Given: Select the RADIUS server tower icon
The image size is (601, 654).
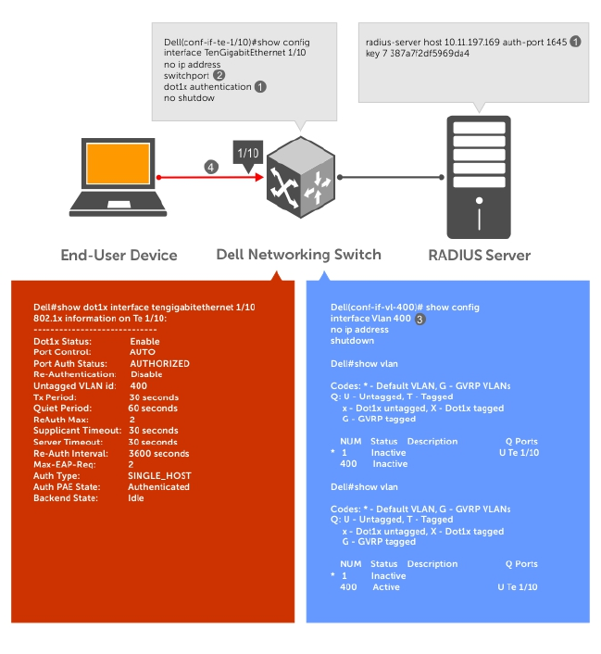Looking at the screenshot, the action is pyautogui.click(x=480, y=176).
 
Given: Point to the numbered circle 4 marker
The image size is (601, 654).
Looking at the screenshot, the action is pyautogui.click(x=212, y=167).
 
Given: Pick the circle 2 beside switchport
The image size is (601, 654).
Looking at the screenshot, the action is pyautogui.click(x=219, y=75).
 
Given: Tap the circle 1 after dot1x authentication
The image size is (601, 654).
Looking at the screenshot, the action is pyautogui.click(x=260, y=86).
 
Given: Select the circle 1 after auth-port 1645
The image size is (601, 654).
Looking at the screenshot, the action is pyautogui.click(x=575, y=42).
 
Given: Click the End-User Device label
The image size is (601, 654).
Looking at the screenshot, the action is pyautogui.click(x=119, y=255).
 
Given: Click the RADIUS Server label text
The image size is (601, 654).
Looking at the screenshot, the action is pyautogui.click(x=479, y=255).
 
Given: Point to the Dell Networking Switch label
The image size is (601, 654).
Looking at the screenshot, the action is pyautogui.click(x=298, y=255).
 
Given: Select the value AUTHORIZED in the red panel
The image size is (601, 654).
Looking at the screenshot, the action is pyautogui.click(x=158, y=363).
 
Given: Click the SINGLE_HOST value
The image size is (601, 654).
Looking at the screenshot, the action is pyautogui.click(x=160, y=475).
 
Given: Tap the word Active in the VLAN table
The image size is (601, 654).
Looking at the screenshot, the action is pyautogui.click(x=386, y=587).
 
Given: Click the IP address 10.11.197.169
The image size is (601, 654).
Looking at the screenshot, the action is pyautogui.click(x=467, y=43).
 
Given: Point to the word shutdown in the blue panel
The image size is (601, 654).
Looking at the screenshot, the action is pyautogui.click(x=352, y=340).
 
